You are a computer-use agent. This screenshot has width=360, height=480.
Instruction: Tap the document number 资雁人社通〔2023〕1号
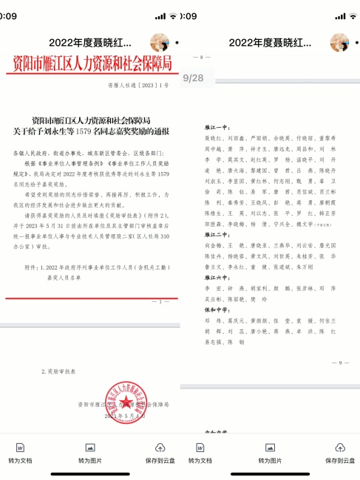click(149, 86)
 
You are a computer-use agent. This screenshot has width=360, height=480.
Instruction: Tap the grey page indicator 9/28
click(193, 77)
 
